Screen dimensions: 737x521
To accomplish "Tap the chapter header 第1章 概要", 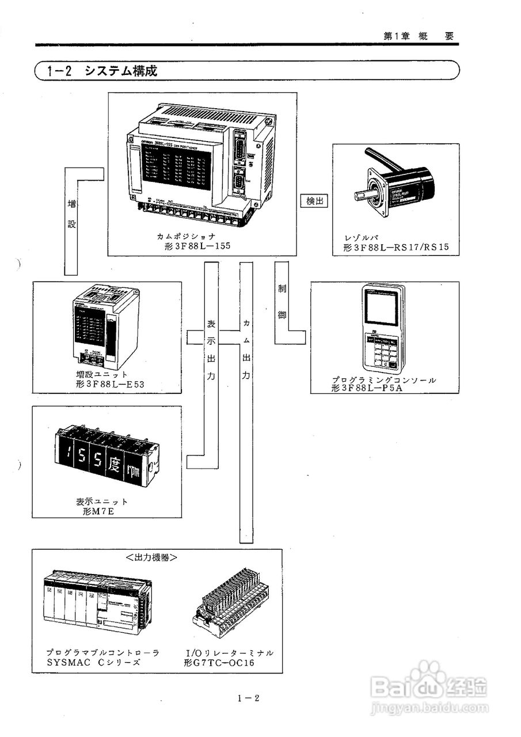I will pyautogui.click(x=419, y=36).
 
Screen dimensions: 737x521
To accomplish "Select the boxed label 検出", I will pyautogui.click(x=314, y=202).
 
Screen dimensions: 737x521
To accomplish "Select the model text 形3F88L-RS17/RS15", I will pyautogui.click(x=395, y=248).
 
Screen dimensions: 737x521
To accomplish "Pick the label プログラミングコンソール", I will pyautogui.click(x=383, y=380).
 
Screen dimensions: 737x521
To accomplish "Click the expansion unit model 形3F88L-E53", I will pyautogui.click(x=109, y=384).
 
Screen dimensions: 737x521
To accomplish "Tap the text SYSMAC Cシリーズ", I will pyautogui.click(x=93, y=663).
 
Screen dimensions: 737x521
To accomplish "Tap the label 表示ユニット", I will pyautogui.click(x=102, y=502).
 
